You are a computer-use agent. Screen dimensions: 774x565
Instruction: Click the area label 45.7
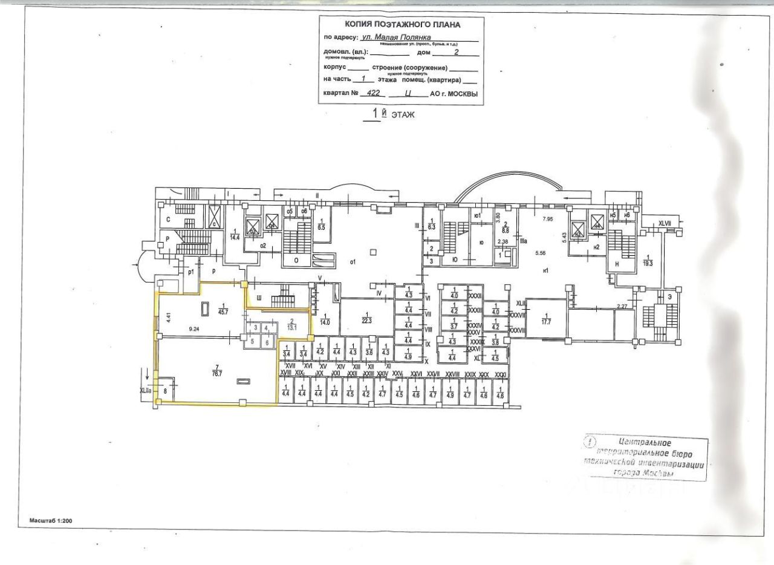223,312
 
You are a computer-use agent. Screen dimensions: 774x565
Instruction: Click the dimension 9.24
194,330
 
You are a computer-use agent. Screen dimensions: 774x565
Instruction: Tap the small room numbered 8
164,391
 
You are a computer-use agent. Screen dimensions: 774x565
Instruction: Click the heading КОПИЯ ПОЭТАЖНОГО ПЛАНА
402,25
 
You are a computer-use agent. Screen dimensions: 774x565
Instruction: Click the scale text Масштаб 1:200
53,520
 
